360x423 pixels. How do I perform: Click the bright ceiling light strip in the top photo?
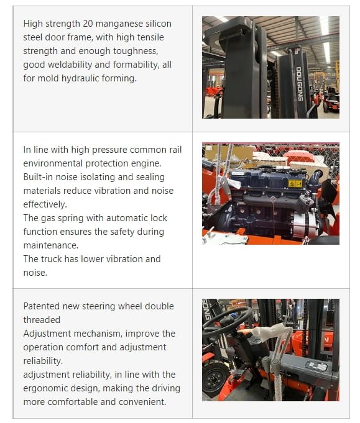click(x=325, y=37)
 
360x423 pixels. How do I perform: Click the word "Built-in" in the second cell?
click(x=39, y=177)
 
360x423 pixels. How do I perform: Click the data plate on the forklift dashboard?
click(x=320, y=368)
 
